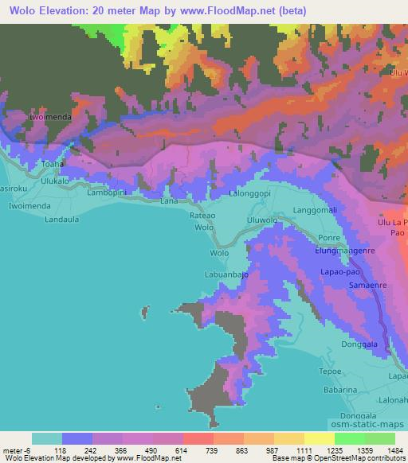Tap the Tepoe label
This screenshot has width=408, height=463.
pyautogui.click(x=330, y=371)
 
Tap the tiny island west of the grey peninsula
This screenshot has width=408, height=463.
pyautogui.click(x=144, y=312)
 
